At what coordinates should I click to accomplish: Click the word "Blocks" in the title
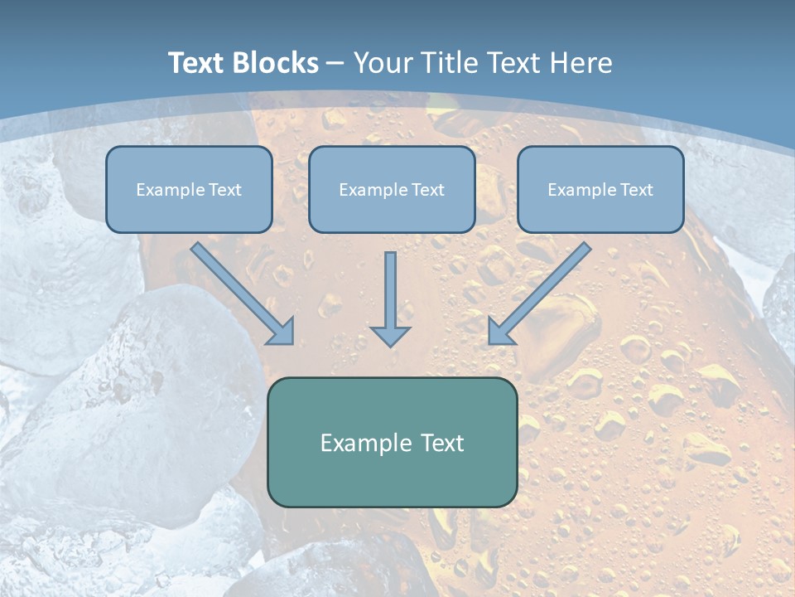(x=276, y=63)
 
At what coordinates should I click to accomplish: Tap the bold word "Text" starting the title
(x=198, y=63)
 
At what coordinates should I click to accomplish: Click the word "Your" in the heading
(x=383, y=63)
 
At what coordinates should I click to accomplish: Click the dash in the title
(x=335, y=63)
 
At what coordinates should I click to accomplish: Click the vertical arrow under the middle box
(x=390, y=290)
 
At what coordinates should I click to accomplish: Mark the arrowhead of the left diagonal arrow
(x=282, y=332)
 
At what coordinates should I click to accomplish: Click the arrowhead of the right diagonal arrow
(x=500, y=332)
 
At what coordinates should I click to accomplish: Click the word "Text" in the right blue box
(x=636, y=190)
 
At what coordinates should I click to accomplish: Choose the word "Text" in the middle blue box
(x=427, y=190)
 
